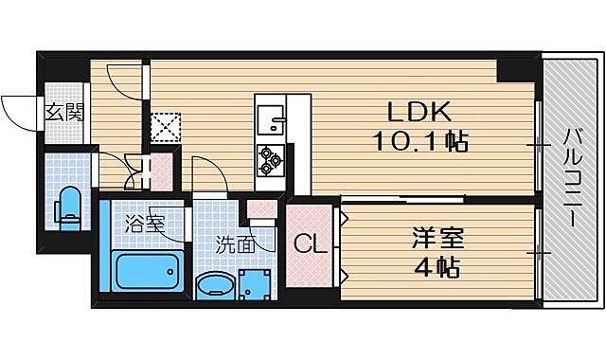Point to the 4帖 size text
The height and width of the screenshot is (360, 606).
click(438, 266)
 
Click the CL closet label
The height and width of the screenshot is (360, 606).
click(311, 244)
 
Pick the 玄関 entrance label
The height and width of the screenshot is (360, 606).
click(65, 112)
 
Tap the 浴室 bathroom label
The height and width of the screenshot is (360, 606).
click(145, 225)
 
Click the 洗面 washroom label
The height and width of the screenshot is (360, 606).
click(233, 243)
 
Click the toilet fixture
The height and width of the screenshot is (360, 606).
click(68, 206)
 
